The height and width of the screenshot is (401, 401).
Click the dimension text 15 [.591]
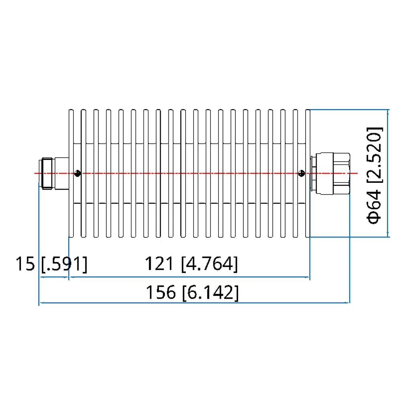point(51,265)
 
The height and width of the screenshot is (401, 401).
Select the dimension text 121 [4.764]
point(191,265)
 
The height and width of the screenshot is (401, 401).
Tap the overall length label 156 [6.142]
point(192,293)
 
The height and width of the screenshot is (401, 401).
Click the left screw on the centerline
point(78,173)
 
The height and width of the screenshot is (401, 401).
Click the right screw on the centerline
point(302,173)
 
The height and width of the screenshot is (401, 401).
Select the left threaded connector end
point(47,173)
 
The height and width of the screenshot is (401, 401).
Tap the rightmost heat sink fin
point(308,173)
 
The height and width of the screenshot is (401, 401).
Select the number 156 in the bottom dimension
point(160,293)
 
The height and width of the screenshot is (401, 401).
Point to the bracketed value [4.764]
point(209,265)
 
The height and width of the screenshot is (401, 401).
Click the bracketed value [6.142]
point(210,293)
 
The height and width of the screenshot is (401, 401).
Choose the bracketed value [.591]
point(64,265)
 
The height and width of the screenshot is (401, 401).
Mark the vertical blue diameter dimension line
point(388,173)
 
